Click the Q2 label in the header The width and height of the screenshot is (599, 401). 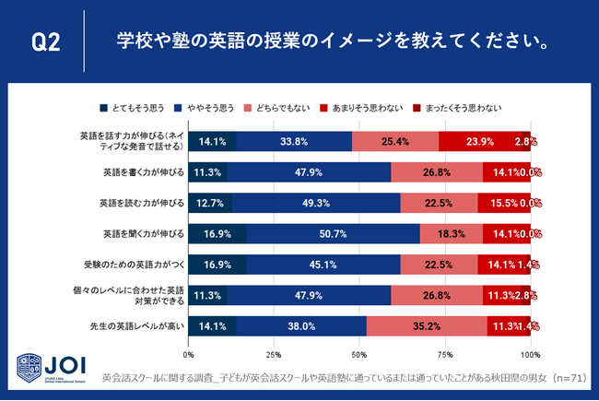tap(45, 43)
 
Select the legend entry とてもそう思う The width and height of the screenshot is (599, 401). tap(143, 108)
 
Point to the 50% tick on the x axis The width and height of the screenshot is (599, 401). tap(359, 354)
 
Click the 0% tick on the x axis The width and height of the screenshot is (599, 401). tap(190, 354)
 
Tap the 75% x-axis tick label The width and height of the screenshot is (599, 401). tap(445, 354)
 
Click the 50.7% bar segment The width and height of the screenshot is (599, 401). tap(333, 233)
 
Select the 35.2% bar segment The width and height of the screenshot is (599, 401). tap(427, 325)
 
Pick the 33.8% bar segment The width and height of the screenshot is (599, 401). tap(294, 141)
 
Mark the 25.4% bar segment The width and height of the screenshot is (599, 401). tap(394, 141)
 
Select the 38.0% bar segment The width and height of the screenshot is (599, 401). tap(301, 325)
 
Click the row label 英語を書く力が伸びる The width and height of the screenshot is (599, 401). tap(143, 172)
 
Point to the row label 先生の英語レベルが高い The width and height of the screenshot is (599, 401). tap(140, 325)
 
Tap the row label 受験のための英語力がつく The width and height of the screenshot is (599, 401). tap(138, 265)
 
